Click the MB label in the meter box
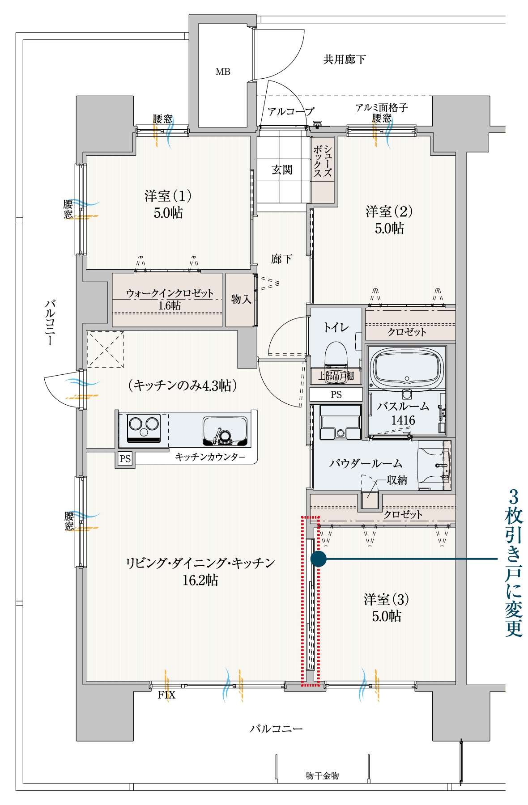point(223,72)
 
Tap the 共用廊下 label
point(345,59)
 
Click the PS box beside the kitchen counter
point(125,459)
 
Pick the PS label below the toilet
point(336,394)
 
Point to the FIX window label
point(166,695)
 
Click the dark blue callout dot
point(318,559)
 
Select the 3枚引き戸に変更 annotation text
point(514,563)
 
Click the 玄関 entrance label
point(282,170)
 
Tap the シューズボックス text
point(323,161)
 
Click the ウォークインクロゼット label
point(170,293)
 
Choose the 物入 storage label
point(241,299)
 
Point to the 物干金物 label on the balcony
point(322,775)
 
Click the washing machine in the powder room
point(341,422)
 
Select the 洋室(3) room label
point(386,599)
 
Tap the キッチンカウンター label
point(210,457)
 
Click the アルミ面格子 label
point(381,108)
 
